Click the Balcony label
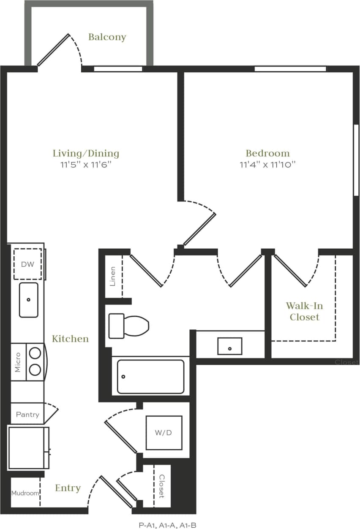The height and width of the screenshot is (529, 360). click(x=107, y=37)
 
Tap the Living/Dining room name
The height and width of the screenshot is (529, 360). click(x=86, y=153)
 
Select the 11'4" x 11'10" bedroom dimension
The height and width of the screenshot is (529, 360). click(x=267, y=165)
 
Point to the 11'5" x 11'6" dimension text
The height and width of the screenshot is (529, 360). click(x=86, y=165)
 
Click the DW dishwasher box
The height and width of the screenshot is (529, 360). click(x=27, y=264)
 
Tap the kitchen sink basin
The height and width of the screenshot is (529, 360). click(x=28, y=300)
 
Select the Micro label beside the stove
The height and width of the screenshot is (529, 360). click(x=18, y=362)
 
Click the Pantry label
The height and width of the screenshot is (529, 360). click(x=27, y=415)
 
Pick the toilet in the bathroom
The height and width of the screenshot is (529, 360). click(x=128, y=326)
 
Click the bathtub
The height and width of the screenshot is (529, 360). click(x=150, y=377)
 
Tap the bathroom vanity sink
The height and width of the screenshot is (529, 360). click(x=230, y=346)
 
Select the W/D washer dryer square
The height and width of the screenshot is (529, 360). click(x=164, y=433)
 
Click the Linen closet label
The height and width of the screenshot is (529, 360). click(x=113, y=276)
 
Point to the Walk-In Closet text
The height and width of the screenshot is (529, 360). click(x=304, y=311)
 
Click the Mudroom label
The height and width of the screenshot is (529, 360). click(x=25, y=493)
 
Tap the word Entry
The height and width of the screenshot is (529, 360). click(x=68, y=488)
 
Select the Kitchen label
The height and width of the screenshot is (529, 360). click(x=70, y=339)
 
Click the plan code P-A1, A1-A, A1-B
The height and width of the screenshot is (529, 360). click(x=167, y=525)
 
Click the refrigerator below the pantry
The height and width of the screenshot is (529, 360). click(x=28, y=448)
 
